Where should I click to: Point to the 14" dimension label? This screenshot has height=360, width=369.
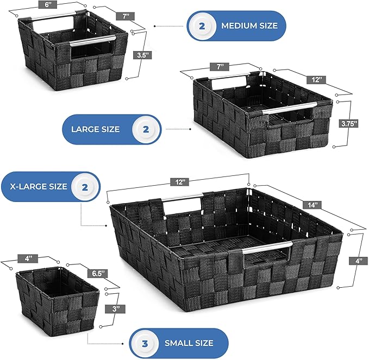pyautogui.click(x=312, y=205)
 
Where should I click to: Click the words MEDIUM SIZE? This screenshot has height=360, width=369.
pyautogui.click(x=249, y=26)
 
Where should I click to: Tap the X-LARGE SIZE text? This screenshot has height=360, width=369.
pyautogui.click(x=39, y=186)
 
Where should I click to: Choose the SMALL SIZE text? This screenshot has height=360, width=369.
pyautogui.click(x=189, y=343)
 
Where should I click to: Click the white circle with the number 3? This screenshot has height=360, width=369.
pyautogui.click(x=145, y=343)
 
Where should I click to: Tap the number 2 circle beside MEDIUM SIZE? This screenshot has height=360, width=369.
pyautogui.click(x=202, y=26)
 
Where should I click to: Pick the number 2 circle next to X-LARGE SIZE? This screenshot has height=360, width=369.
pyautogui.click(x=85, y=187)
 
